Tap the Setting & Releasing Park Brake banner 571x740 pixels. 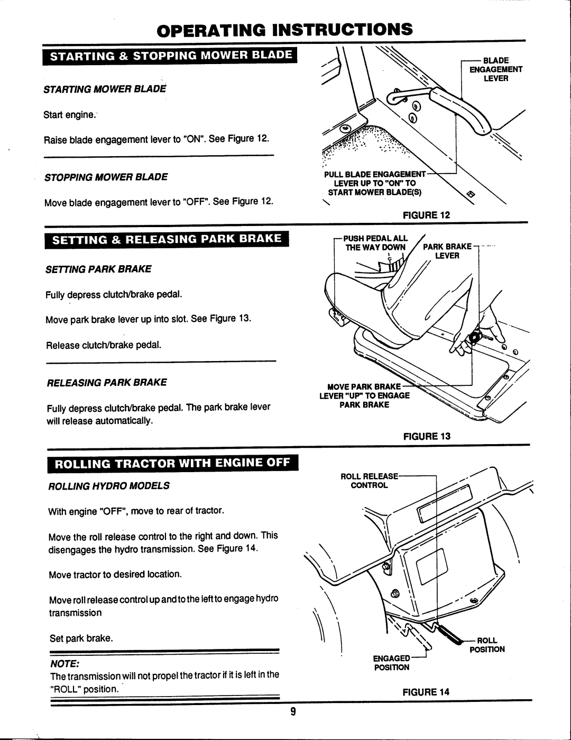click(x=165, y=241)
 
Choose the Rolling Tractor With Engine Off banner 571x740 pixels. click(x=171, y=464)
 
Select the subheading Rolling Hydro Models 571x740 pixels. click(x=109, y=485)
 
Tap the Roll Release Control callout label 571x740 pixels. click(x=370, y=480)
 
